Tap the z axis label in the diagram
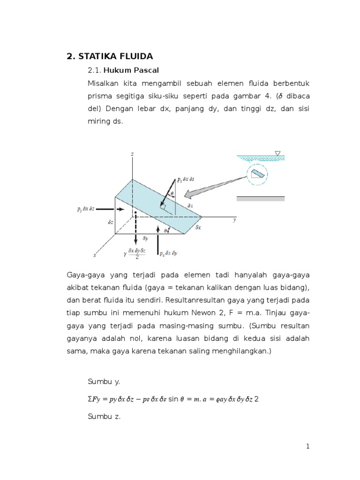(133, 154)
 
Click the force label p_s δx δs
(187, 180)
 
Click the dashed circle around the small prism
(256, 174)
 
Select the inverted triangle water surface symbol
(277, 153)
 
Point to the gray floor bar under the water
(260, 198)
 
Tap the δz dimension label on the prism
(111, 222)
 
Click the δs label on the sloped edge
(190, 206)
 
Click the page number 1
(308, 447)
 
